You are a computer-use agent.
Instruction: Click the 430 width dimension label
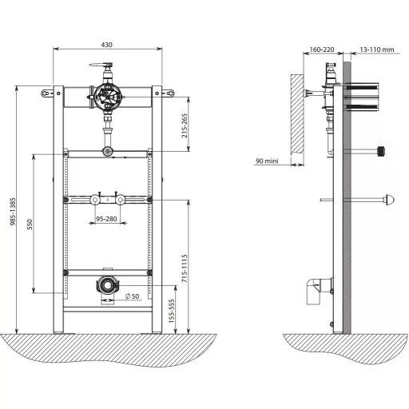point(106,45)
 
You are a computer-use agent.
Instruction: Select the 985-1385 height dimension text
point(13,212)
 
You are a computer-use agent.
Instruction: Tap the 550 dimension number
point(30,224)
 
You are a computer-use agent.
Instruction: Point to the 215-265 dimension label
point(185,125)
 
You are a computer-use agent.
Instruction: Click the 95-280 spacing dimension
point(106,219)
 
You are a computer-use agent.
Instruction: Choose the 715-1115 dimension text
point(185,268)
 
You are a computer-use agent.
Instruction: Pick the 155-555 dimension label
point(172,311)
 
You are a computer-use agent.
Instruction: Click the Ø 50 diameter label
point(132,296)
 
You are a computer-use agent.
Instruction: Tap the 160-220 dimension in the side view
point(322,50)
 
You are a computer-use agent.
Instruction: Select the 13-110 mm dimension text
point(377,50)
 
